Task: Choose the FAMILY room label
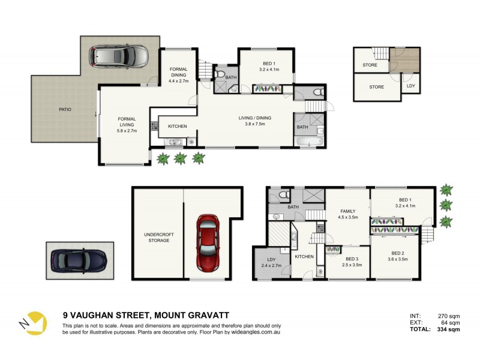point(348,211)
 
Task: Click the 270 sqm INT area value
point(449,315)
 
